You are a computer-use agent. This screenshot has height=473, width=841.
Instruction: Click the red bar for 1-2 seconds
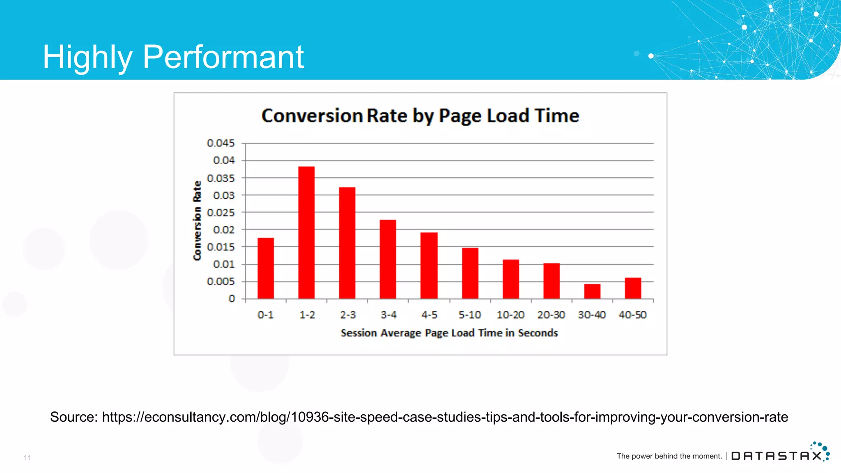[306, 232]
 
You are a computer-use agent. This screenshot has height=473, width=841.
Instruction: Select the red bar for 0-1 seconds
[266, 268]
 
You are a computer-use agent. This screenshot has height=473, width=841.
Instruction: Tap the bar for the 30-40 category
[592, 291]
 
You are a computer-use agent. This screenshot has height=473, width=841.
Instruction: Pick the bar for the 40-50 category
[633, 288]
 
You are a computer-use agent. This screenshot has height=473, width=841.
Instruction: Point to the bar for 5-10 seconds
[470, 273]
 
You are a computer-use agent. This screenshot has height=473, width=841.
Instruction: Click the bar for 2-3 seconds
[347, 243]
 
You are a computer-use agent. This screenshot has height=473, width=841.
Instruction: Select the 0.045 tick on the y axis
[221, 143]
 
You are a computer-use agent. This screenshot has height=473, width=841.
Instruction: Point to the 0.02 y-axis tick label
[224, 230]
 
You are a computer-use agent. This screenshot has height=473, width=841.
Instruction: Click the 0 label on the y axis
[232, 299]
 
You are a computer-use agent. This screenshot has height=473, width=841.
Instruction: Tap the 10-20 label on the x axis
[510, 315]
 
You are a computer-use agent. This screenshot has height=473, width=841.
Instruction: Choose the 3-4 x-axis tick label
[388, 315]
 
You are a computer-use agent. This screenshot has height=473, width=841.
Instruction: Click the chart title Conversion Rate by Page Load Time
[420, 116]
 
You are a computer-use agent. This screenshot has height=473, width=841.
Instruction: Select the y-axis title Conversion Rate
[198, 220]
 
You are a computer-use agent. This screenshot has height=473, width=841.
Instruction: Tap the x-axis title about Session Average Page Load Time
[449, 333]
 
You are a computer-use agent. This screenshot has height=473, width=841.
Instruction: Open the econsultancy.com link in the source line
[445, 417]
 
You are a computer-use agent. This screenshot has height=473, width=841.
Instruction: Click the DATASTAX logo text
[777, 456]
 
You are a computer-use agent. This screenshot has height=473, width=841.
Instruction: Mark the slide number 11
[28, 457]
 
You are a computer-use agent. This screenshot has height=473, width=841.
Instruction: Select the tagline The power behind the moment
[669, 456]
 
